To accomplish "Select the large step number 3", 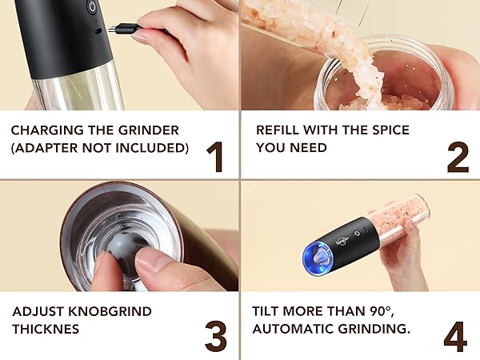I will coord(215,336).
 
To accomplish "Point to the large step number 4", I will coord(454,336).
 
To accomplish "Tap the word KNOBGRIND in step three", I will coord(105,310).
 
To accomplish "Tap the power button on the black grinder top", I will coord(91,6).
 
